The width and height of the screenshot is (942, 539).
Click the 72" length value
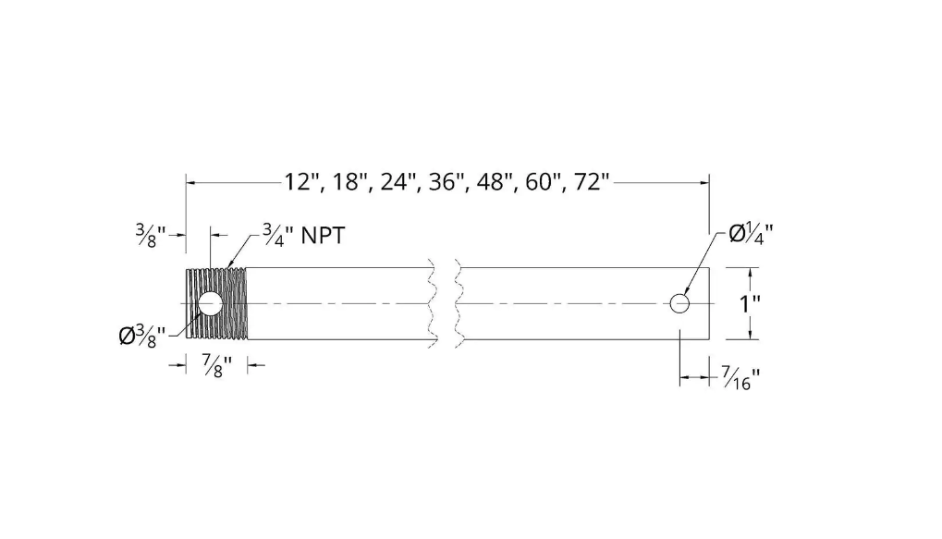pos(592,181)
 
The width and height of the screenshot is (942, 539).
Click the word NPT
pos(323,236)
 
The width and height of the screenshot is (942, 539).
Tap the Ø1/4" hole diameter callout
pos(751,233)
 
